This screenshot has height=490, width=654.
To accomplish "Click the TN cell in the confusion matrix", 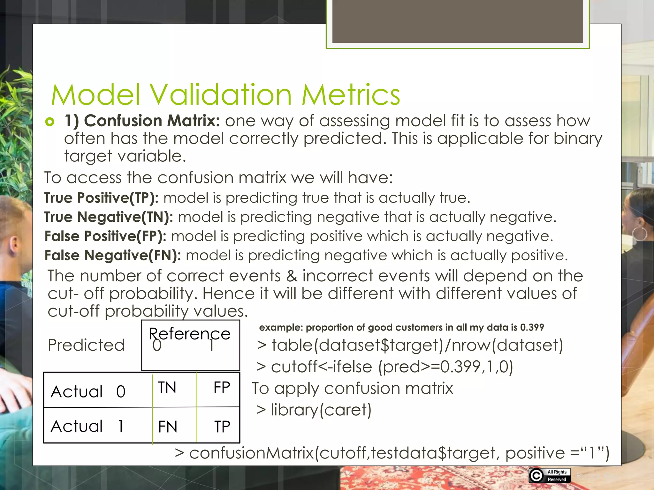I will click(167, 388).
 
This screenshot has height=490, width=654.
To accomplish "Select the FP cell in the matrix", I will click(222, 388).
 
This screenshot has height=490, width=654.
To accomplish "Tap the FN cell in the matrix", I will click(168, 427).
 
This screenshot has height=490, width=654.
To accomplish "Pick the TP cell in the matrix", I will click(222, 427).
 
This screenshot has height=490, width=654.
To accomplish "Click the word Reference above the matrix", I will click(189, 334).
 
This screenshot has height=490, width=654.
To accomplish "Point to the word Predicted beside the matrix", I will click(86, 345).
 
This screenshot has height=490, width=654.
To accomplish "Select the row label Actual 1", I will click(87, 426).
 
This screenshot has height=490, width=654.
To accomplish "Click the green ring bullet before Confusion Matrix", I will click(50, 122).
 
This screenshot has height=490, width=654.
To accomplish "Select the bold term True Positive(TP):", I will click(101, 198).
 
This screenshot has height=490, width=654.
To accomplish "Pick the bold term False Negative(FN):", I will click(112, 255).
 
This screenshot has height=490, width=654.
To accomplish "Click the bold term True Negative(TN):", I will click(109, 217).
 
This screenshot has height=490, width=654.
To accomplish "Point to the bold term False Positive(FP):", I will click(105, 236).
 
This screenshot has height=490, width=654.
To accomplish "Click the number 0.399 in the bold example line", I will click(532, 327).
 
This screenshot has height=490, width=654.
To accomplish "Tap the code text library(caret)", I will click(321, 410).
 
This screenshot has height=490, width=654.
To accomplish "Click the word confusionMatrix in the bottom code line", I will click(252, 453).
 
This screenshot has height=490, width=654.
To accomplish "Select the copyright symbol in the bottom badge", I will click(536, 476).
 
